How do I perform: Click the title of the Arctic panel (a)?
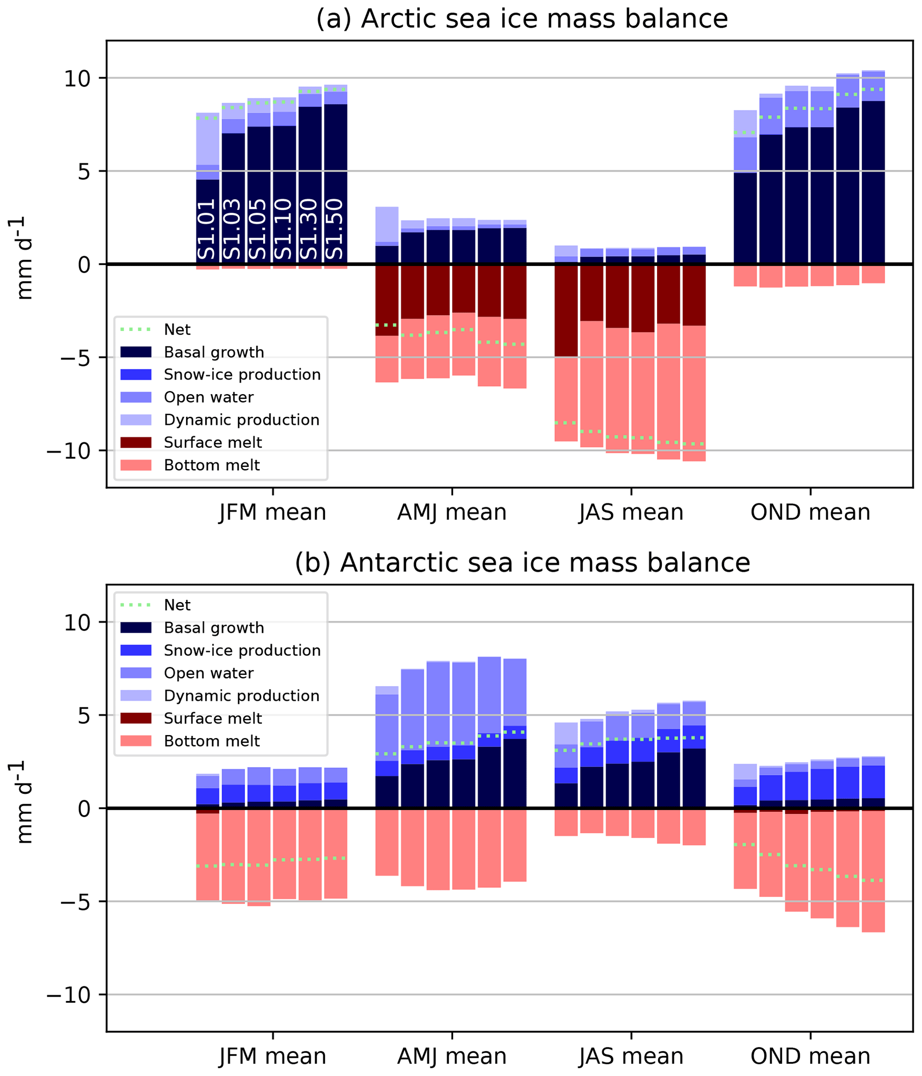pos(522,19)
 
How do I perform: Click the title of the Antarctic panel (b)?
pos(522,563)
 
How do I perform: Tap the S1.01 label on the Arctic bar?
pos(207,228)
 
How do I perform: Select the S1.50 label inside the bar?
pos(335,228)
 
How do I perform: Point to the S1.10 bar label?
pos(284,228)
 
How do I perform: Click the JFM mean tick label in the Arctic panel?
pos(273,512)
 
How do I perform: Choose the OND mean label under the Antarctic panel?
pos(810,1056)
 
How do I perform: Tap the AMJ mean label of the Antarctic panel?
pos(452,1056)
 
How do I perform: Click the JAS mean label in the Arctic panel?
pos(631,512)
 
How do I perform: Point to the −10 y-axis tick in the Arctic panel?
pos(75,451)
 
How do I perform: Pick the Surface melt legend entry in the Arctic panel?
pos(213,442)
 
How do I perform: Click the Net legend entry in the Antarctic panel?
pos(177,605)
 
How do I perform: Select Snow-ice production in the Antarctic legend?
pos(242,650)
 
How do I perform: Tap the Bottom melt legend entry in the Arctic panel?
pos(212,465)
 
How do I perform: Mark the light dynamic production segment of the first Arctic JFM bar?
pos(207,139)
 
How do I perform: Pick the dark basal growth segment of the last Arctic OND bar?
pos(873,182)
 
